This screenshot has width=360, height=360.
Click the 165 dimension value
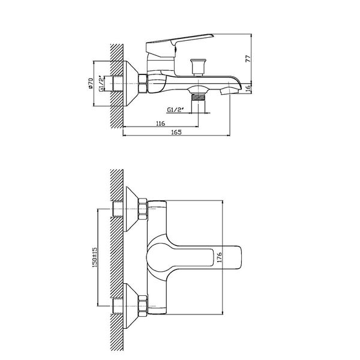click(176, 132)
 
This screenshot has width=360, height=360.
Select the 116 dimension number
click(160, 123)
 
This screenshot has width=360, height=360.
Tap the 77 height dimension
click(248, 59)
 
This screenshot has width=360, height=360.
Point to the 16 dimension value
click(248, 88)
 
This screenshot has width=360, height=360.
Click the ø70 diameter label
click(91, 83)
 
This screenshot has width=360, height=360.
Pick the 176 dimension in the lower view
click(219, 257)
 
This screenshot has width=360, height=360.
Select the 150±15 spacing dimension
click(95, 257)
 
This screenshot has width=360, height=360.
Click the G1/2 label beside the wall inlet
click(101, 83)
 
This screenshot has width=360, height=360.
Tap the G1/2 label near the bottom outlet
click(176, 110)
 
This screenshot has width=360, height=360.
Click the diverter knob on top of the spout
click(198, 67)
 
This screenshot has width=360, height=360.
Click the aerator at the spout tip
click(229, 91)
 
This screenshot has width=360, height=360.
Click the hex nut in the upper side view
click(143, 83)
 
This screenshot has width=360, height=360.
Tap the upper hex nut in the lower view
click(143, 209)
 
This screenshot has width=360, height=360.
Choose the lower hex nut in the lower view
click(143, 306)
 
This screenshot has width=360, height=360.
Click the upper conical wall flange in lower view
click(131, 209)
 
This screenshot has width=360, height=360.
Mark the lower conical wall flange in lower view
click(131, 306)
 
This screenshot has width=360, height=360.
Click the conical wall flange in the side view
click(131, 84)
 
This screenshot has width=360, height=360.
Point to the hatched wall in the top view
click(117, 86)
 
